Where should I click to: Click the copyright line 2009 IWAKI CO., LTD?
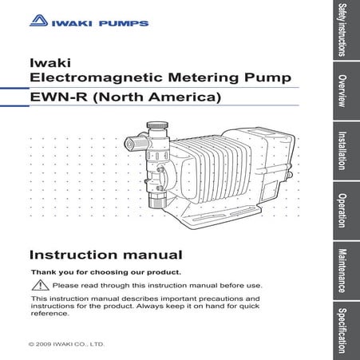pyautogui.click(x=66, y=344)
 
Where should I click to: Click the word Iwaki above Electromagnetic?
pyautogui.click(x=46, y=61)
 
